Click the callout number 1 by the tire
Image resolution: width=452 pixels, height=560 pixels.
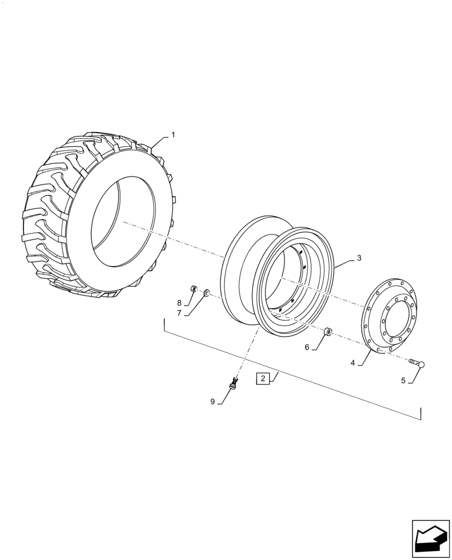[x=173, y=135]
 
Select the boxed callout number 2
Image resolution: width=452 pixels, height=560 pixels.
[x=262, y=379]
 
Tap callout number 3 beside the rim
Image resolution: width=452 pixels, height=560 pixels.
[x=359, y=258]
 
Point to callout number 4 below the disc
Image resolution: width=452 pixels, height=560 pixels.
[x=353, y=363]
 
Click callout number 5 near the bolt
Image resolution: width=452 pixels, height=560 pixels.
[x=403, y=380]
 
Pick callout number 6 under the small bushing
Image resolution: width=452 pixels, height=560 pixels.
[x=307, y=347]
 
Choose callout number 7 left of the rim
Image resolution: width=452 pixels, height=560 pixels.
[x=179, y=313]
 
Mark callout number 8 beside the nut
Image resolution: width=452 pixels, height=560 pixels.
[x=179, y=303]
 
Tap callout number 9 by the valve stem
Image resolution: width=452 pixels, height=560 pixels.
[x=213, y=402]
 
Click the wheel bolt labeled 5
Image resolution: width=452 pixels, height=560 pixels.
[x=417, y=365]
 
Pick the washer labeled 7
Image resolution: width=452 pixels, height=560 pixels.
[x=206, y=292]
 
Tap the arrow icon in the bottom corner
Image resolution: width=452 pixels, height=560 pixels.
[x=430, y=539]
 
